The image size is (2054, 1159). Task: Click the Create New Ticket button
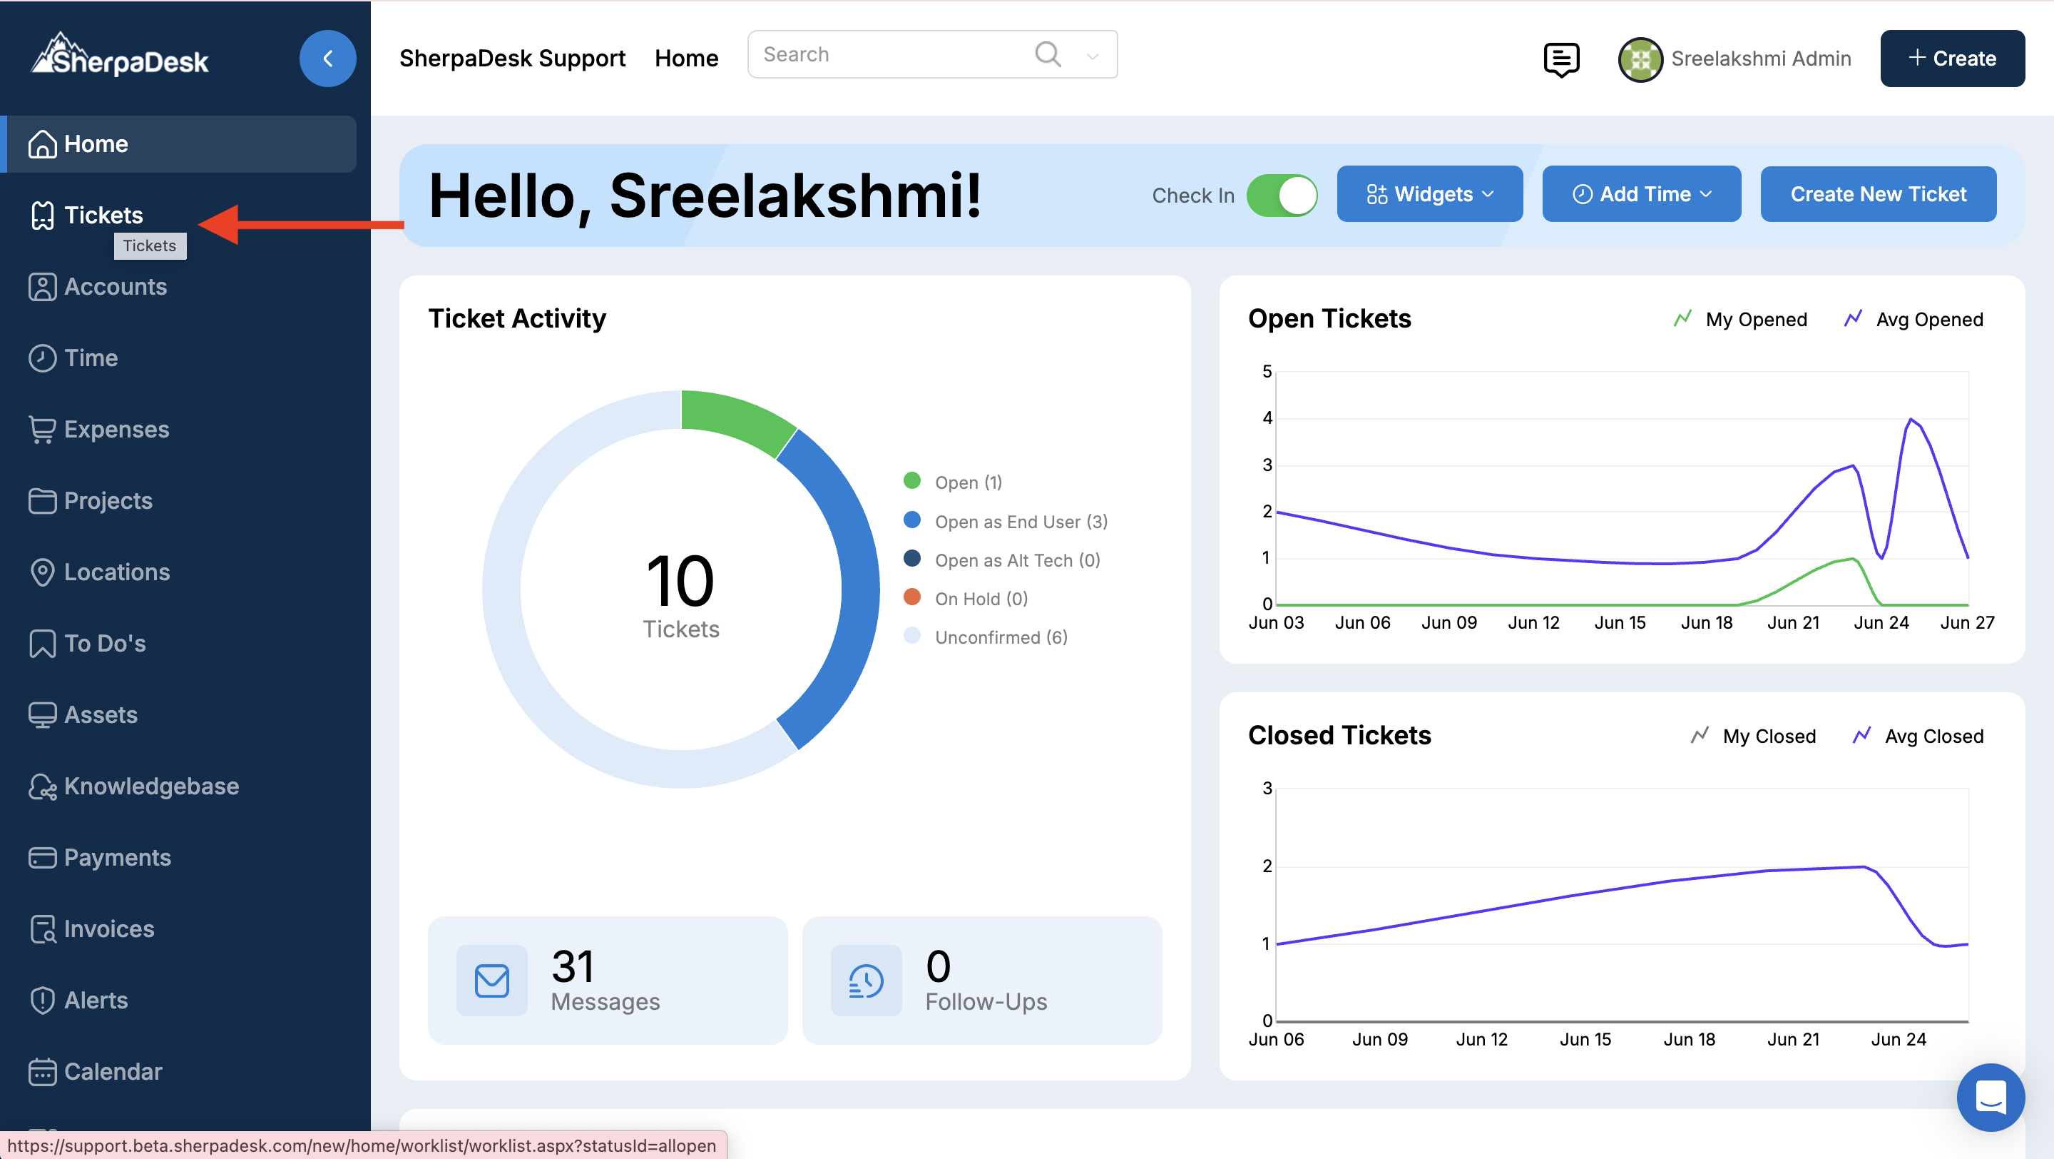point(1878,194)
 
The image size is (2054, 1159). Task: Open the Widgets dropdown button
point(1429,194)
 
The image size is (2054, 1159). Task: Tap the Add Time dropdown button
point(1641,194)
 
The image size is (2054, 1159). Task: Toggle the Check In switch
point(1282,196)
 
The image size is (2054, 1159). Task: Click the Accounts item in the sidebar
point(115,286)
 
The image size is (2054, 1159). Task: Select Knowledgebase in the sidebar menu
point(150,786)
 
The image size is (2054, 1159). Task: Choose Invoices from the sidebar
point(108,928)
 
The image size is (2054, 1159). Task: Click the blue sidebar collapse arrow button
point(328,59)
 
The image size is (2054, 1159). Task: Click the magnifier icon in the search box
point(1047,54)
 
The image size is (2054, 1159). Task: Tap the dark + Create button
point(1952,59)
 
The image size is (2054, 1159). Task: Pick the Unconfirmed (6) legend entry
point(1001,637)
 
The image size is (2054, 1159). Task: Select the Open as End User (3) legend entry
point(1021,521)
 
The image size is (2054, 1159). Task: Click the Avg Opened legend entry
point(1928,319)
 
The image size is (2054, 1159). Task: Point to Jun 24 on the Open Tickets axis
point(1881,622)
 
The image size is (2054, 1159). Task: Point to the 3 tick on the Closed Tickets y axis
point(1267,788)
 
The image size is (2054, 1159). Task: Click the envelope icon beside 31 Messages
point(492,981)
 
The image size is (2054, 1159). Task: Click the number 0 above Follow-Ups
point(938,966)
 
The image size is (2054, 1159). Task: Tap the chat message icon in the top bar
point(1560,59)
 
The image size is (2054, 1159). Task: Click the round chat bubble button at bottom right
point(1991,1097)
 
